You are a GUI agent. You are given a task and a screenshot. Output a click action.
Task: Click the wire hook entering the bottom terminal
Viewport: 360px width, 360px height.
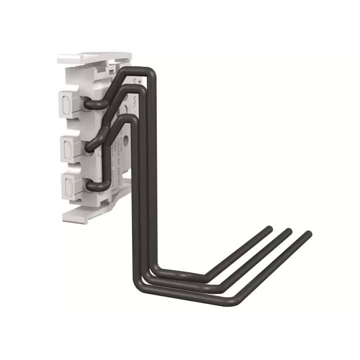92,185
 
